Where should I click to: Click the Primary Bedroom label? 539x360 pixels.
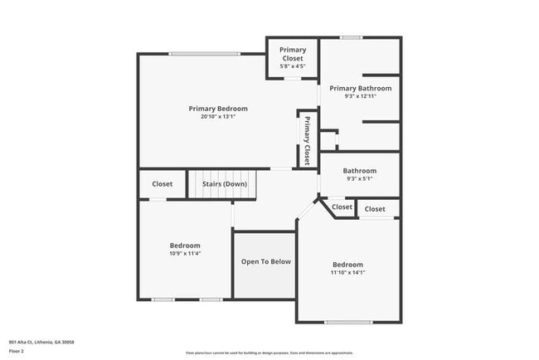pos(217,109)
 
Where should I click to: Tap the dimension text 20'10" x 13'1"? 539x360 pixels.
pos(217,117)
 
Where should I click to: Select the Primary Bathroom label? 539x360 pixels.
pos(360,88)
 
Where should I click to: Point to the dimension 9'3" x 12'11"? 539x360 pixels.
pos(360,96)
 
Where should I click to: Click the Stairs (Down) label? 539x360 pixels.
pos(224,183)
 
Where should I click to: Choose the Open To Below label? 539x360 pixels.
pos(265,261)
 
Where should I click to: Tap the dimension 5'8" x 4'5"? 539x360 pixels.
pos(292,66)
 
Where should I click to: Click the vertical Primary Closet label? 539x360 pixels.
pos(307,139)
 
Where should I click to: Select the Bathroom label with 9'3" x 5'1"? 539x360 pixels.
pos(360,171)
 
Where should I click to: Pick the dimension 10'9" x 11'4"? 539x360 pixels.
pos(185,253)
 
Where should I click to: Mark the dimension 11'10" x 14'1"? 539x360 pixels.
pos(348,272)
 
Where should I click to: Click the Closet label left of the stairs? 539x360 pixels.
pos(163,183)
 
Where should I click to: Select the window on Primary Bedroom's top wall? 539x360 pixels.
pos(205,54)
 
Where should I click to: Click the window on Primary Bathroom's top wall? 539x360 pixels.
pos(351,37)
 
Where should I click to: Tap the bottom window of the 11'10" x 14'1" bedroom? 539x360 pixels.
pos(348,322)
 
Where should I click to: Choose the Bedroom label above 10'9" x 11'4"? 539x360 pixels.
pos(185,245)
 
